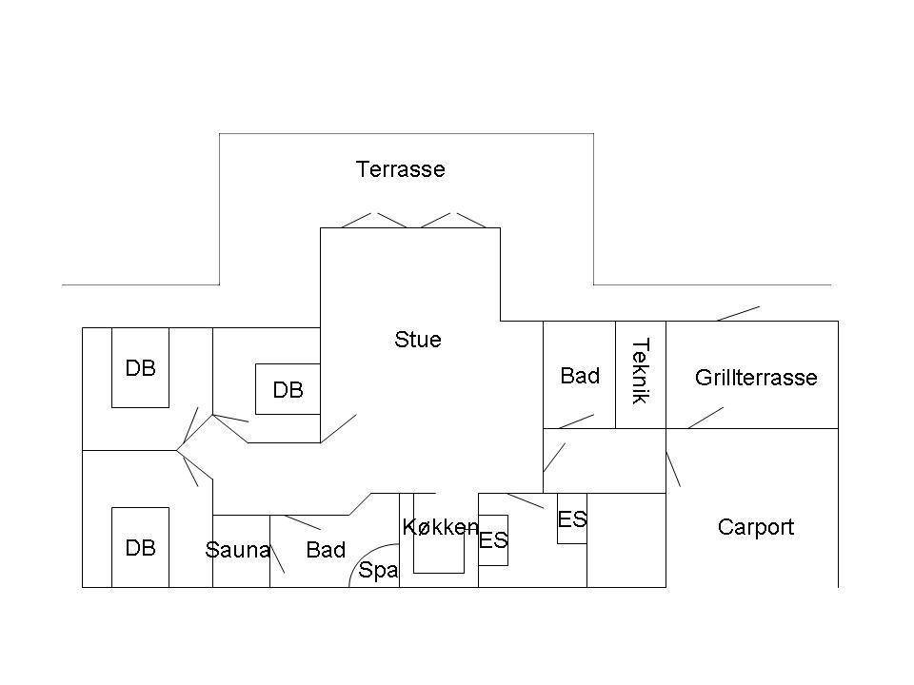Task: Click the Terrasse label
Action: point(401,169)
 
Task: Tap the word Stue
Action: point(418,340)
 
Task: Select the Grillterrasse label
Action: point(756,378)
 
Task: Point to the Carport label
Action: point(756,528)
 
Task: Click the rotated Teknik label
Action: point(641,372)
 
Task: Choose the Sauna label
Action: point(238,550)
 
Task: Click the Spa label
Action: point(378,570)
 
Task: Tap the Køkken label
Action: point(441,527)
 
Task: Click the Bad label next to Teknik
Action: point(580,376)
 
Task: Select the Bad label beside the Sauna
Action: point(326,550)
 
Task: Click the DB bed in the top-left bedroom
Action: point(141,367)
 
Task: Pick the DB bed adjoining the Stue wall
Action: point(288,389)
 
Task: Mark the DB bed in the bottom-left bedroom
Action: point(141,548)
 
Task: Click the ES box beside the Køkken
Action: point(493,540)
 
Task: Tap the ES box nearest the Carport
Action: point(572,519)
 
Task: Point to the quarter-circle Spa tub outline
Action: point(363,554)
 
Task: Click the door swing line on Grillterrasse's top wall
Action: point(738,313)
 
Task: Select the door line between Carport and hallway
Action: point(673,469)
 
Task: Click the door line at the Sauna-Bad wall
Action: point(277,557)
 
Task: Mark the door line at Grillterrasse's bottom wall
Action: point(705,418)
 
